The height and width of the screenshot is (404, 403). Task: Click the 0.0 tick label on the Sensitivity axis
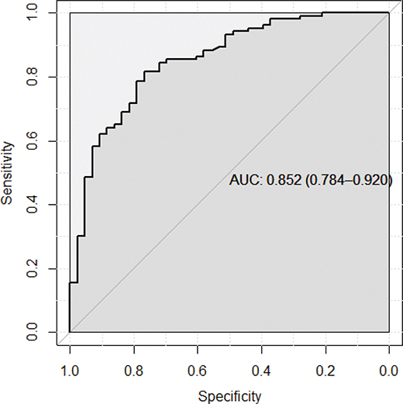click(x=31, y=333)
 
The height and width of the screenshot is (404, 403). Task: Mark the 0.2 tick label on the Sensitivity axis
click(x=31, y=269)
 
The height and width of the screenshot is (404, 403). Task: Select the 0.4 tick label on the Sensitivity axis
click(x=31, y=205)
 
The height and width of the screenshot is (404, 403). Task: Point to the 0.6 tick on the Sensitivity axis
click(x=31, y=141)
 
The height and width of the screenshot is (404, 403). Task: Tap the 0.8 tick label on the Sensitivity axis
click(x=31, y=78)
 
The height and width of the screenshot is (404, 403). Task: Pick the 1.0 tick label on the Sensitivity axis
click(x=31, y=13)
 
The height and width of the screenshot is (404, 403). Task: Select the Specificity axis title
click(x=229, y=395)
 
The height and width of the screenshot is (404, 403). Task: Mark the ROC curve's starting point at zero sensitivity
click(x=70, y=333)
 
